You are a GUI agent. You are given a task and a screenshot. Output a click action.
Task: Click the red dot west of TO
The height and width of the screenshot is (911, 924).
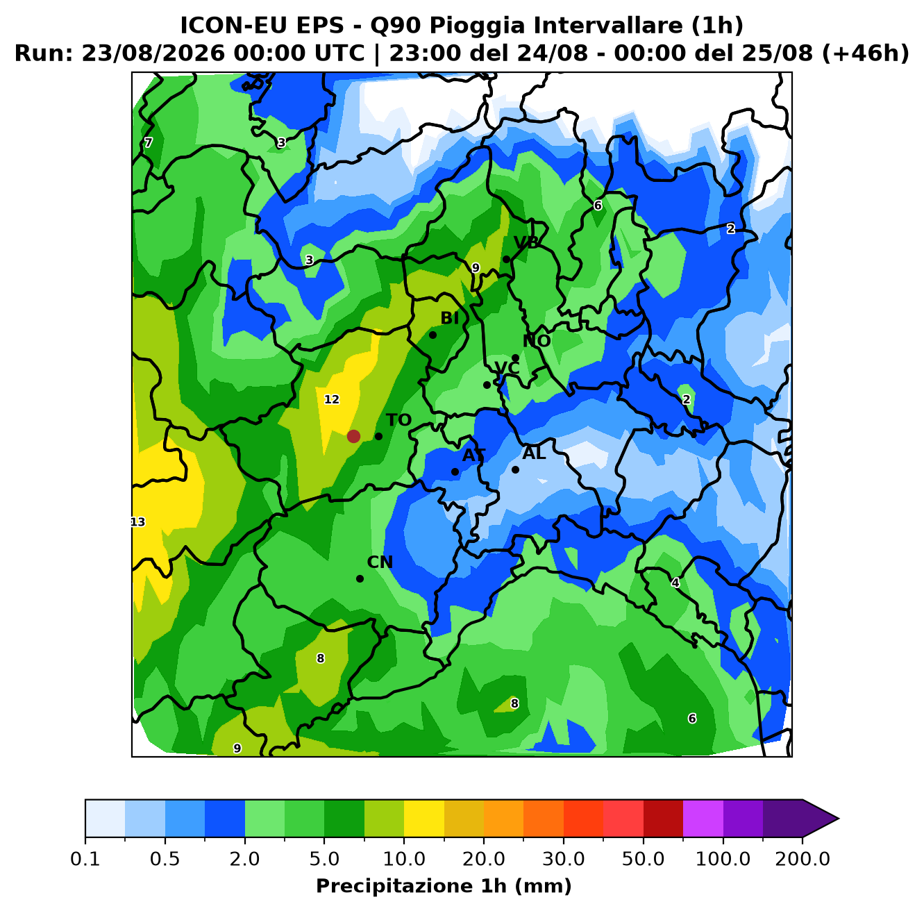tap(353, 436)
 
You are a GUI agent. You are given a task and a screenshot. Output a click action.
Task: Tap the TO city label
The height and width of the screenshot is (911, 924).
tap(399, 420)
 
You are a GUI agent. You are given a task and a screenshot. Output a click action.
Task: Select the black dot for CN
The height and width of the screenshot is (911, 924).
tap(360, 578)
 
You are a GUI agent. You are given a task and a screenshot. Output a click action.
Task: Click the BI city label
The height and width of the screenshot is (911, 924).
tap(449, 318)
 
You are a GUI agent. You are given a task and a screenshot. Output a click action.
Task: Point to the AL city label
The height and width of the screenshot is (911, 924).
tap(534, 453)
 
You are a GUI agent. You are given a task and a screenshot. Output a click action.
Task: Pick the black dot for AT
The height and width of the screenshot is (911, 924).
tap(455, 471)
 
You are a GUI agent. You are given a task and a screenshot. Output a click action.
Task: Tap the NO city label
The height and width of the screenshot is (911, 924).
tap(537, 341)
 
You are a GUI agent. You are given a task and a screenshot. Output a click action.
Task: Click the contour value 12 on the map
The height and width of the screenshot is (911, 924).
tap(332, 399)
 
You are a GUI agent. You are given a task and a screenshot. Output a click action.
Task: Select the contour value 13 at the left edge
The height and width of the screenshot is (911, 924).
tap(137, 522)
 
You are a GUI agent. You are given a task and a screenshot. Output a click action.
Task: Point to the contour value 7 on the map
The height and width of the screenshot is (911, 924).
tap(149, 142)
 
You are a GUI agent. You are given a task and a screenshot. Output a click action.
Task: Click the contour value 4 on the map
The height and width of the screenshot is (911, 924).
tap(675, 583)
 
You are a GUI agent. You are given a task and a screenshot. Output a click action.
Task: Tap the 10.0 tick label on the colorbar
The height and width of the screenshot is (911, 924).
tap(404, 859)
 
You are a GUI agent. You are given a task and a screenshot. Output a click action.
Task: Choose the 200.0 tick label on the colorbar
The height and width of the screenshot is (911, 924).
tap(803, 859)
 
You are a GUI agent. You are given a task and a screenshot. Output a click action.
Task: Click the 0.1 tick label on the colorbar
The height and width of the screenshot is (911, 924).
tap(85, 859)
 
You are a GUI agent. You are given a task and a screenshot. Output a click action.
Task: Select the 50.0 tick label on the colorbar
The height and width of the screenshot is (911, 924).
tap(643, 859)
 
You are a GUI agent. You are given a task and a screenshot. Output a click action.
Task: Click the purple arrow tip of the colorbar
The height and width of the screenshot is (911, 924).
tap(838, 819)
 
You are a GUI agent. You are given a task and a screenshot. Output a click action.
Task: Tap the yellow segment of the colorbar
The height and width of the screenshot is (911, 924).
tap(424, 819)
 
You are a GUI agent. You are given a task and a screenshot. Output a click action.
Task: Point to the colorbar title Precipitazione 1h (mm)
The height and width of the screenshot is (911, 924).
tap(444, 886)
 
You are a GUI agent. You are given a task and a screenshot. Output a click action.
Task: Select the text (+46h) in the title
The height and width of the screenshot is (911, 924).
tap(866, 53)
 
